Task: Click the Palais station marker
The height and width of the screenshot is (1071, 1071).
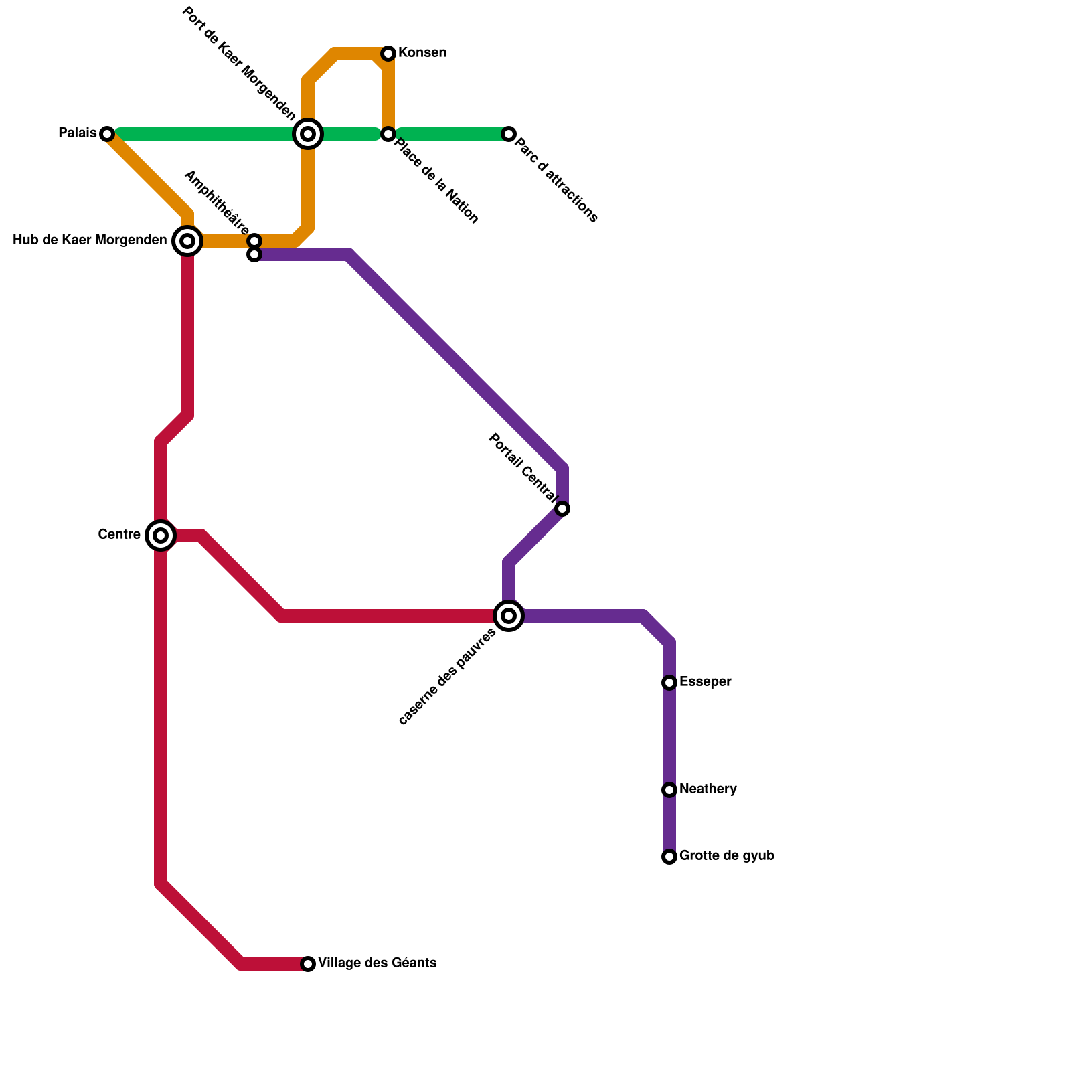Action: coord(107,134)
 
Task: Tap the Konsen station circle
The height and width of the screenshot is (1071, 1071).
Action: coord(388,54)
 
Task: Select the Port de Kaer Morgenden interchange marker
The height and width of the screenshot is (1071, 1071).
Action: coord(308,134)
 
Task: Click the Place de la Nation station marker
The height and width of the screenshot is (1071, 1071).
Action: coord(388,134)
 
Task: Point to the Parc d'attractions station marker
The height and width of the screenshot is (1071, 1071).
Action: coord(509,134)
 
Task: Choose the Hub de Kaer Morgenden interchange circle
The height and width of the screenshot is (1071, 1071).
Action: coord(187,241)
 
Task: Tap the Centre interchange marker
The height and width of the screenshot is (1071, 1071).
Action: coord(161,535)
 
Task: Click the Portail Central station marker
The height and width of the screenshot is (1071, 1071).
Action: coord(563,509)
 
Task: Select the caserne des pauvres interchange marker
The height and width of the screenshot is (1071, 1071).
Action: coord(509,616)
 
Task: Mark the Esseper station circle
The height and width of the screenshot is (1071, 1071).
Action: coord(669,683)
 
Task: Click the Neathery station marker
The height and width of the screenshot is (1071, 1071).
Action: coord(669,790)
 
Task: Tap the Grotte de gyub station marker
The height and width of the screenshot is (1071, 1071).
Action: coord(669,857)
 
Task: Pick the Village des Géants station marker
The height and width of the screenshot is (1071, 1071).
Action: coord(308,964)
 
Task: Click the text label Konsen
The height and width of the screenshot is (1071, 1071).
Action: coord(422,53)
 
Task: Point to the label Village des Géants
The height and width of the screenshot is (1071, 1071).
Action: coord(378,963)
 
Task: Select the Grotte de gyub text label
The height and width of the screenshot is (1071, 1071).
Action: coord(727,856)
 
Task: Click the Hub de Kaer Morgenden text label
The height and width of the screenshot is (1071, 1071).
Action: coord(90,240)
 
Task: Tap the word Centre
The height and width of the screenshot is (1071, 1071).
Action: coord(119,535)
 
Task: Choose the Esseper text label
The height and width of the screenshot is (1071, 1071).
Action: coord(706,682)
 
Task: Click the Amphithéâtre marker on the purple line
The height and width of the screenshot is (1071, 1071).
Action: coord(254,255)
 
